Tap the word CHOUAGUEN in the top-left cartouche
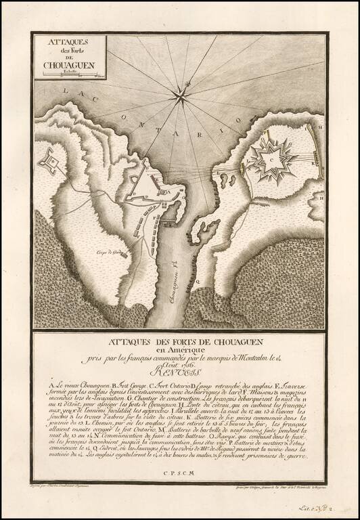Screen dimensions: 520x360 pos(68,66)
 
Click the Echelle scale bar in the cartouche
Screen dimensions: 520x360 pos(69,76)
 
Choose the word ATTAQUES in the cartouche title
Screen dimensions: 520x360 pos(68,42)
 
